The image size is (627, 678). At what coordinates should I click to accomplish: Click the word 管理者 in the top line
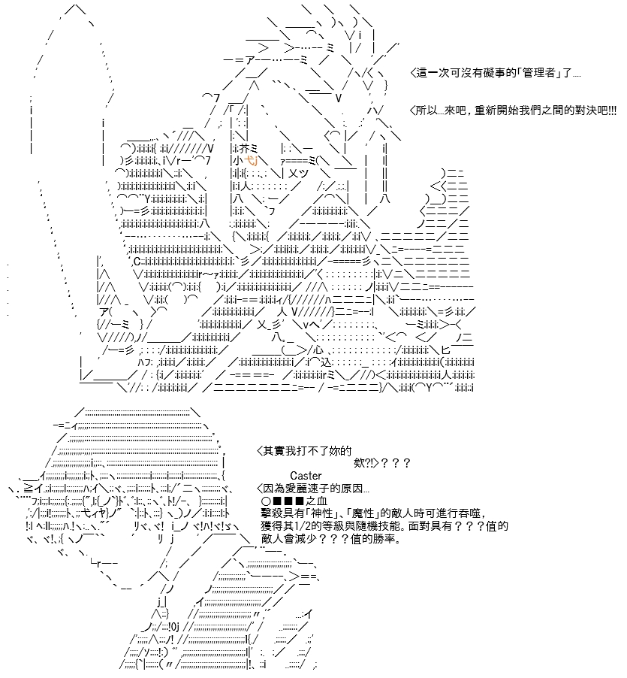pyautogui.click(x=538, y=73)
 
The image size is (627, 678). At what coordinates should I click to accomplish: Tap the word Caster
pyautogui.click(x=306, y=476)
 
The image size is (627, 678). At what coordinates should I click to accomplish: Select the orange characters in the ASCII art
pyautogui.click(x=251, y=161)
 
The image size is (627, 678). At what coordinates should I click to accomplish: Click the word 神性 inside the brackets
pyautogui.click(x=322, y=513)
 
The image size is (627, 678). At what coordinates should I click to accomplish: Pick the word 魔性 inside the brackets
pyautogui.click(x=363, y=513)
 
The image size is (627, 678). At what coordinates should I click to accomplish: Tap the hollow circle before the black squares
pyautogui.click(x=266, y=501)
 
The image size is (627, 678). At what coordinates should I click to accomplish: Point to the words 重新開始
pyautogui.click(x=496, y=110)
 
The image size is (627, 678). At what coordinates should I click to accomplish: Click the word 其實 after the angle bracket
pyautogui.click(x=273, y=451)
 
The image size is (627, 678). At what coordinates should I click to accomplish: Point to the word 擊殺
pyautogui.click(x=272, y=513)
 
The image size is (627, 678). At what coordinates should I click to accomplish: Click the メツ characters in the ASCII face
pyautogui.click(x=298, y=174)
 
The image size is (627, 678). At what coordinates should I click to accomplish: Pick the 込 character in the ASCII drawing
pyautogui.click(x=326, y=362)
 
